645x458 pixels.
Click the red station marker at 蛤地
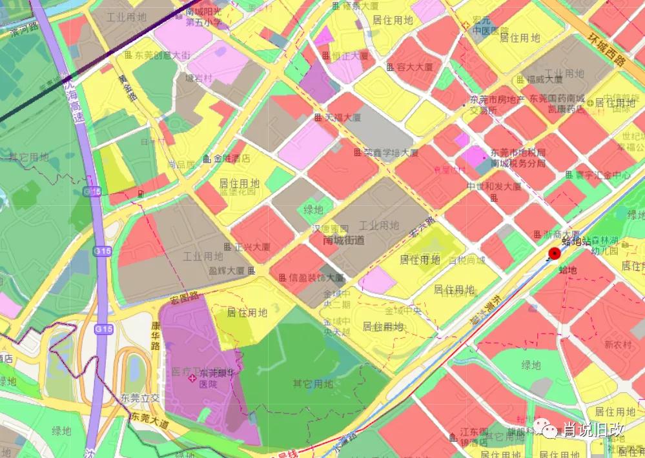[x=555, y=254]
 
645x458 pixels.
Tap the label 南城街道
[x=343, y=240]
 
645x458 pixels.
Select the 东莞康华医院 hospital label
[x=212, y=379]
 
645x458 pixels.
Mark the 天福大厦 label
[x=342, y=118]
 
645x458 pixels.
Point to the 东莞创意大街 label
[x=161, y=55]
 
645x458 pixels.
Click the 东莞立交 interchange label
[x=138, y=397]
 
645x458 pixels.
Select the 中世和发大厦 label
[x=493, y=186]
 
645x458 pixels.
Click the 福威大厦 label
[x=544, y=80]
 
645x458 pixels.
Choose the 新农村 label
[x=619, y=345]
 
